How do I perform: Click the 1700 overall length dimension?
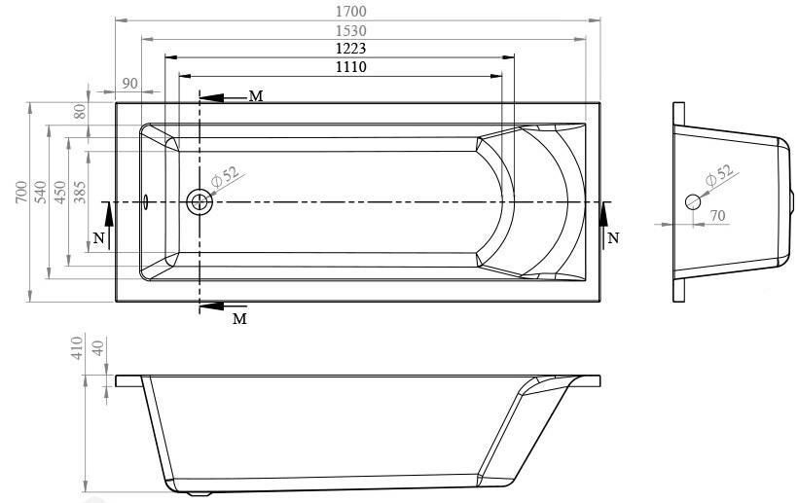point(351,12)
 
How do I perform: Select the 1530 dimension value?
point(351,30)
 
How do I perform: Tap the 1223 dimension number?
point(351,49)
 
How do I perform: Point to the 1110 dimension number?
point(351,66)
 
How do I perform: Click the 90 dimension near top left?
point(129,83)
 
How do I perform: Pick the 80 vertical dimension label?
point(80,111)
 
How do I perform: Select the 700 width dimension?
point(21,192)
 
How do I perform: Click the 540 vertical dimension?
point(41,192)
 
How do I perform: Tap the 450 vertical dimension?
point(60,192)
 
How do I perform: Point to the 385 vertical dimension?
point(80,192)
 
